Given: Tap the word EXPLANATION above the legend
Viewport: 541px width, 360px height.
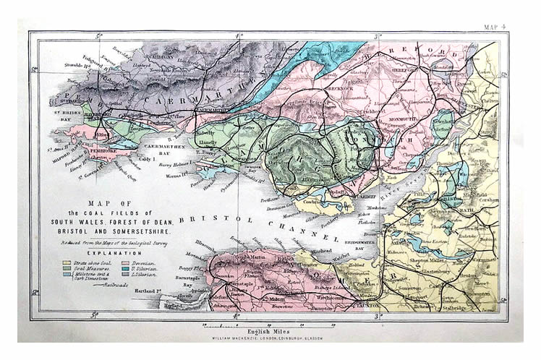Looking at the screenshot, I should click(114, 254).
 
